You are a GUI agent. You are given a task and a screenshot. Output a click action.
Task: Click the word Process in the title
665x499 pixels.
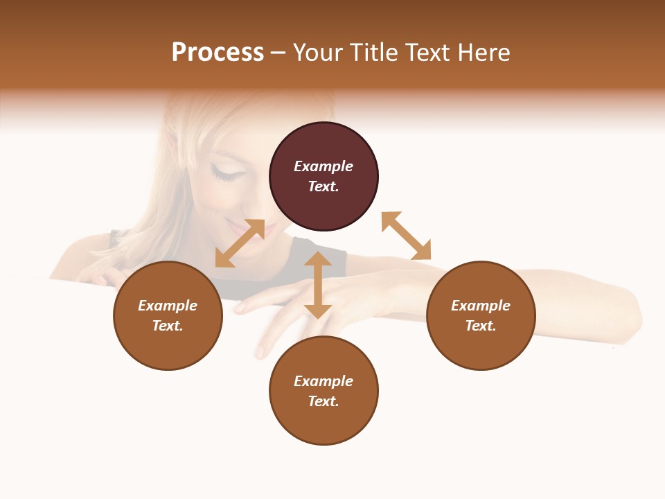(x=218, y=53)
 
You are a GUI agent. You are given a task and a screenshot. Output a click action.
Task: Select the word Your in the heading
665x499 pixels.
(x=317, y=53)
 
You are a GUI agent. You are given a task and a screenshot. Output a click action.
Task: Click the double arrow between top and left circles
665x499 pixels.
(x=240, y=243)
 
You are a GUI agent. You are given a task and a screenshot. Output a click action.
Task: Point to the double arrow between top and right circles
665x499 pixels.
(x=407, y=236)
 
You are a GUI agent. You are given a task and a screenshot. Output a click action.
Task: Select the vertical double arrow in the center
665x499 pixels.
(x=318, y=285)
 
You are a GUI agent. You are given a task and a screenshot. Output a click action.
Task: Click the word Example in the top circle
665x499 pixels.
(x=323, y=166)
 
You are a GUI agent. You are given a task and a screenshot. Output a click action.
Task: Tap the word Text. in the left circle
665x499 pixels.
(x=168, y=326)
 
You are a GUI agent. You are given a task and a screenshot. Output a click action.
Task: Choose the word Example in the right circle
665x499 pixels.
(x=481, y=306)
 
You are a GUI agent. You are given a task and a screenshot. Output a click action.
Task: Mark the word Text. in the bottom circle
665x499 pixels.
(x=323, y=401)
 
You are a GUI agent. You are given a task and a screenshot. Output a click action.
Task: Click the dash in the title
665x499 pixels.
(x=278, y=53)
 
